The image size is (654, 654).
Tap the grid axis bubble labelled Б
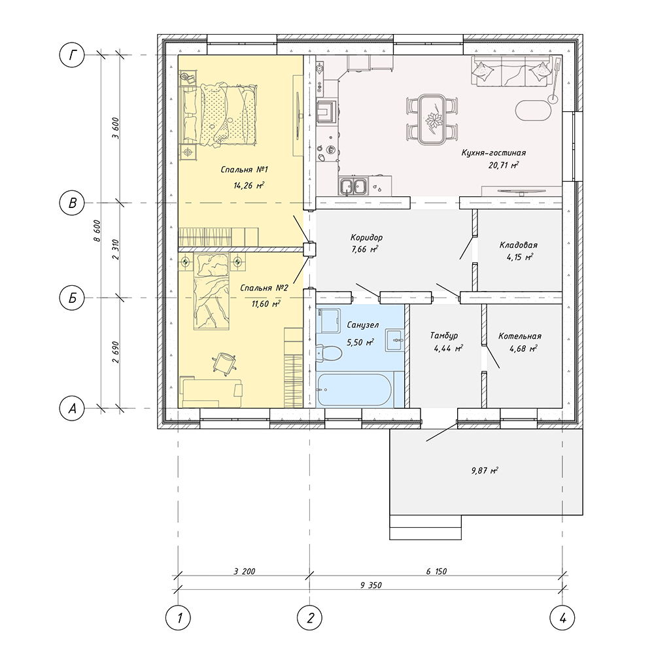point(73,298)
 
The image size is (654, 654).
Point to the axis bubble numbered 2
point(310,617)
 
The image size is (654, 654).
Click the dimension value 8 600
point(97,232)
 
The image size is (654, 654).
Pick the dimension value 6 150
point(436,572)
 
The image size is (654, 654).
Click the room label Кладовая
point(519,245)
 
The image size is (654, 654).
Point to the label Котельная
point(520,337)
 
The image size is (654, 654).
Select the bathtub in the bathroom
point(354,389)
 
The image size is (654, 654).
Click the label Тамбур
point(444,336)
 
